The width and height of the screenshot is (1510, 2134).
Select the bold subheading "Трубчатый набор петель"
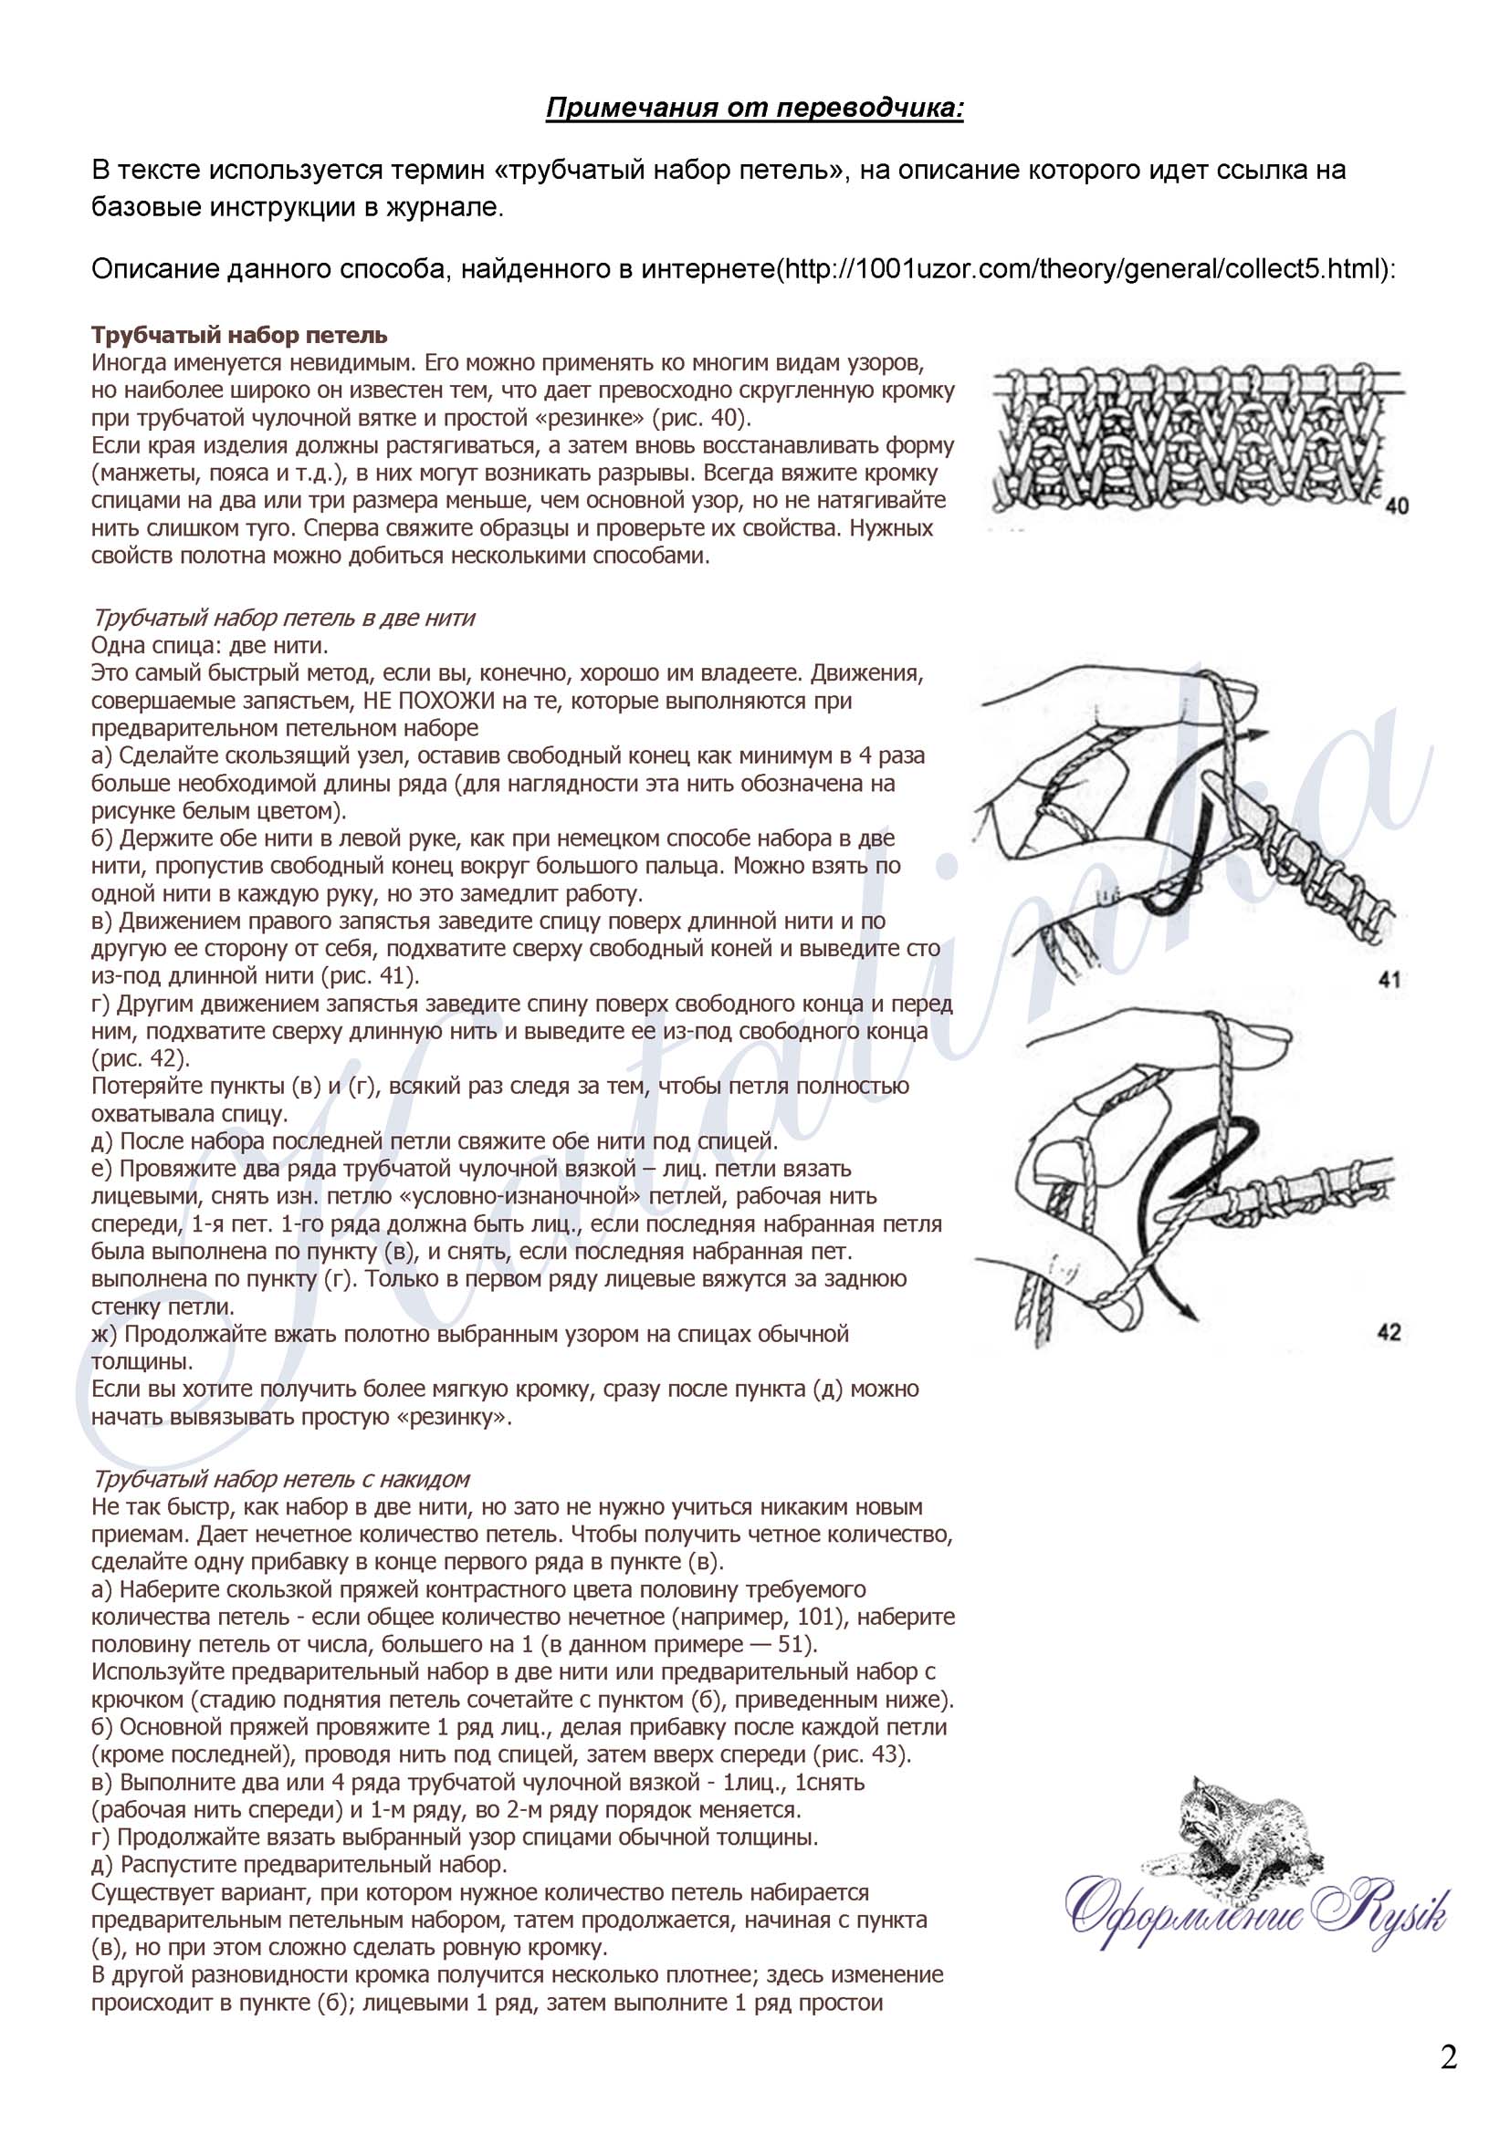239,336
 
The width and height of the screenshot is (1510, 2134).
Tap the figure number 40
1396,506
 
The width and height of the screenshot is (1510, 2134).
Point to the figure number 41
1389,979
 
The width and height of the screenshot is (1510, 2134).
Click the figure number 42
1389,1333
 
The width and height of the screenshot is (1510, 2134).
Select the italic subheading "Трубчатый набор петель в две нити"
283,618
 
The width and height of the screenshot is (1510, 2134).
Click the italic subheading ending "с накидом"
280,1479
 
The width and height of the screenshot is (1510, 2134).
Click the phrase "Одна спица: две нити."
209,646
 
